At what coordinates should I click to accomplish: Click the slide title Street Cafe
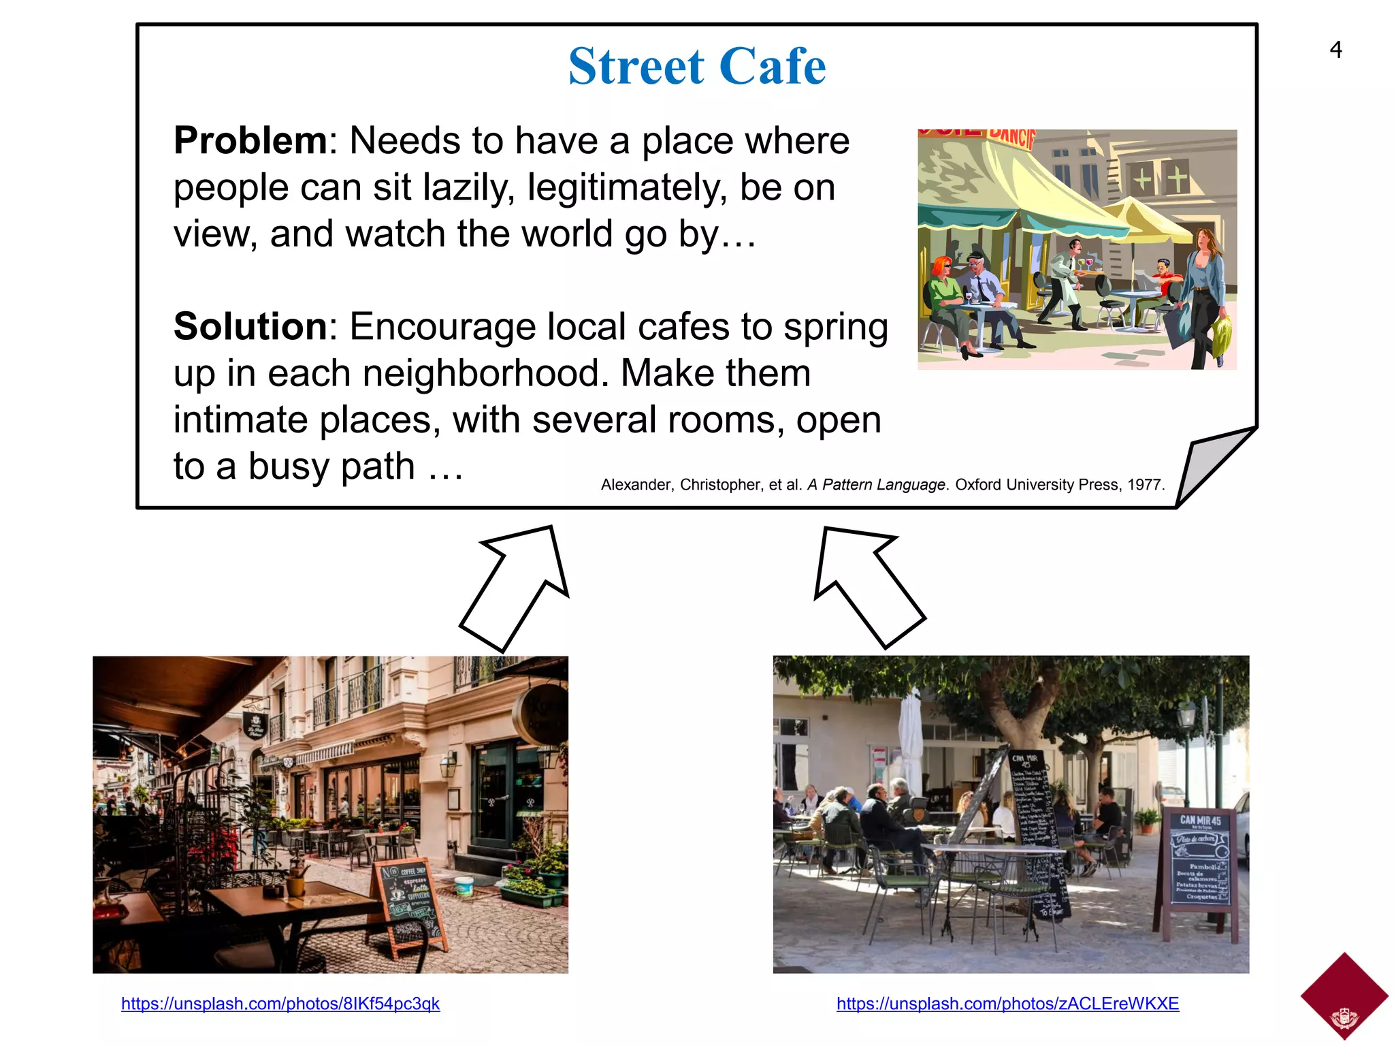tap(697, 66)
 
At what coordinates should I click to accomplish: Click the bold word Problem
tap(250, 141)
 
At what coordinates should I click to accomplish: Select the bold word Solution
tap(250, 327)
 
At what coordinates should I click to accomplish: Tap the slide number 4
tap(1335, 50)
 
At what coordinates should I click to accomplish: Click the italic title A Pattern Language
tap(876, 485)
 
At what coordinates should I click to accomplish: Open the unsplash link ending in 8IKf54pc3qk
tap(280, 1004)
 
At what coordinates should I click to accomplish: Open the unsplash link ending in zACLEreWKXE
tap(1007, 1004)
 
